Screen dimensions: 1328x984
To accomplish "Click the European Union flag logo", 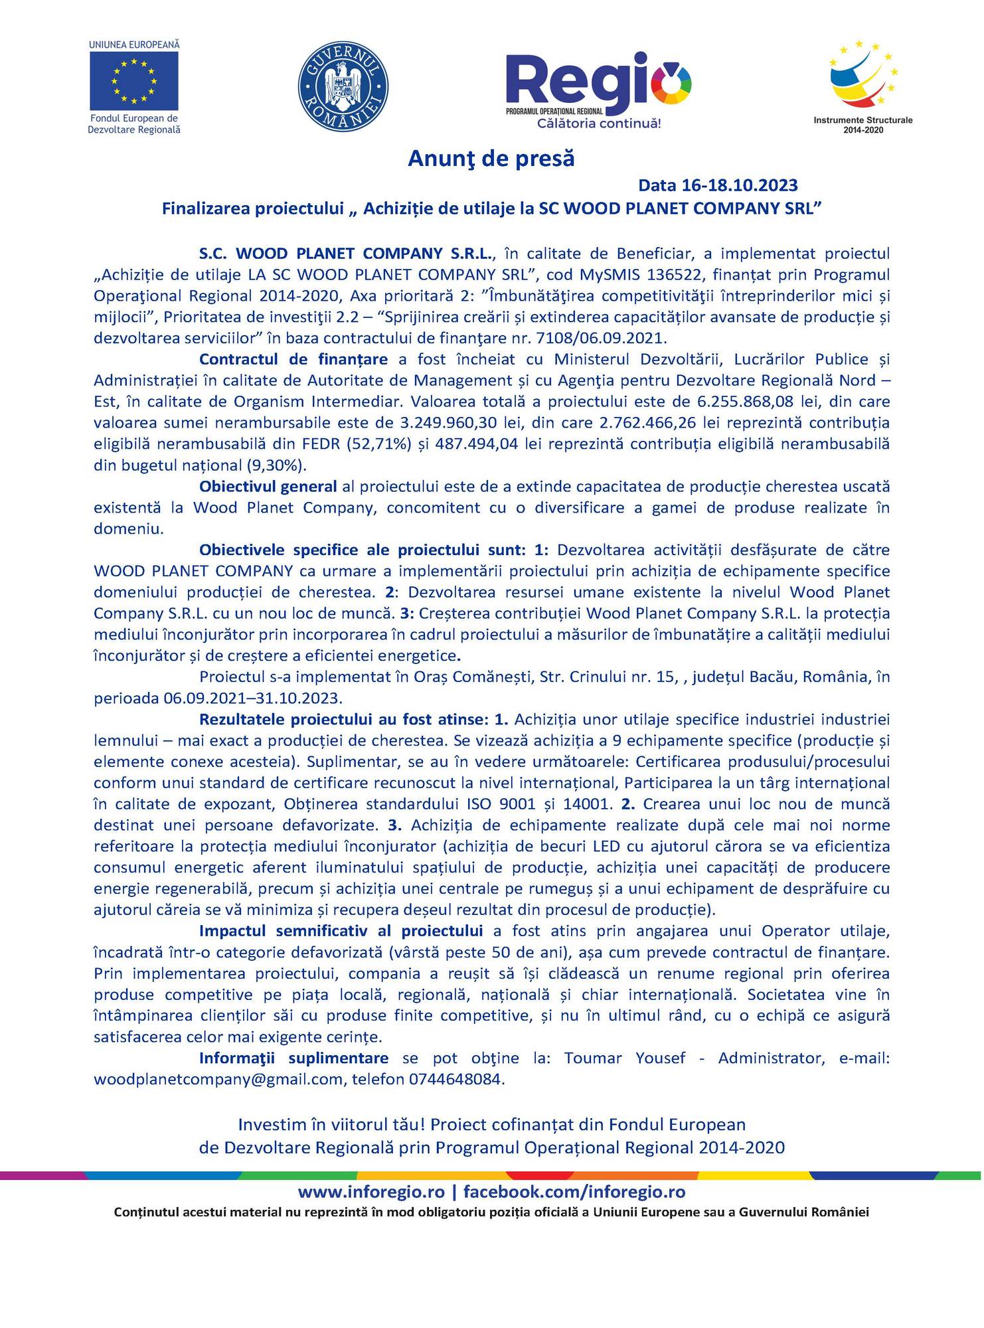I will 134,81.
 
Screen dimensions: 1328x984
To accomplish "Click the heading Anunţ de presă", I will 491,159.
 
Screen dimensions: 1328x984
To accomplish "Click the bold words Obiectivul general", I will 268,486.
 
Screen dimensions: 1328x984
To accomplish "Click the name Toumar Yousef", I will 624,1058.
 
